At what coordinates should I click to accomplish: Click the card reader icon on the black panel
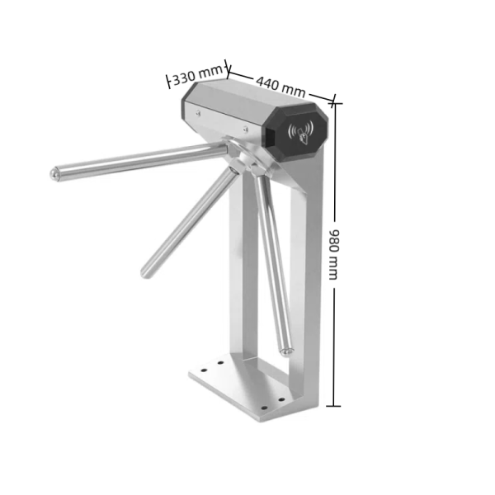(x=301, y=133)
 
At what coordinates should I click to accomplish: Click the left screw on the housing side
(x=200, y=116)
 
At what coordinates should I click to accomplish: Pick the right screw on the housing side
(x=245, y=130)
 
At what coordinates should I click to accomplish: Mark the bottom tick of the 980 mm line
(x=332, y=405)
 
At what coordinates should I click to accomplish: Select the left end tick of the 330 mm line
(x=170, y=81)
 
